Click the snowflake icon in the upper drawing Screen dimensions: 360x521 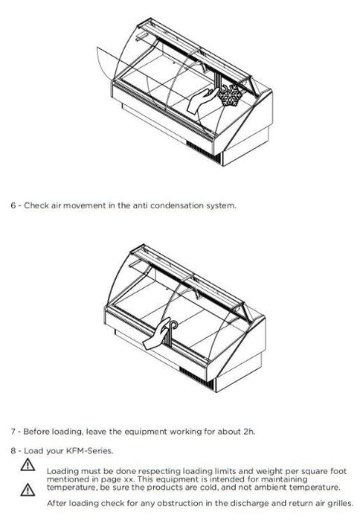coord(230,95)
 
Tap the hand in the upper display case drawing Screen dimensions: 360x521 coord(202,100)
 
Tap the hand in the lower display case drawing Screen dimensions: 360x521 coord(156,335)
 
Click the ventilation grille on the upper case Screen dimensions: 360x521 coord(203,151)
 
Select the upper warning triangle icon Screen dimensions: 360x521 coord(28,464)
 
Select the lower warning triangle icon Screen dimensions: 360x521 coord(28,490)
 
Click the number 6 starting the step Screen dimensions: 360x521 coord(13,205)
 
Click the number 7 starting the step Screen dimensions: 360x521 coord(13,432)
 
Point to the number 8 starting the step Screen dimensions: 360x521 coord(13,451)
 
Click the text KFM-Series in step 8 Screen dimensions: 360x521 coord(89,451)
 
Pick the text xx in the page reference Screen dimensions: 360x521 coord(130,479)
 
